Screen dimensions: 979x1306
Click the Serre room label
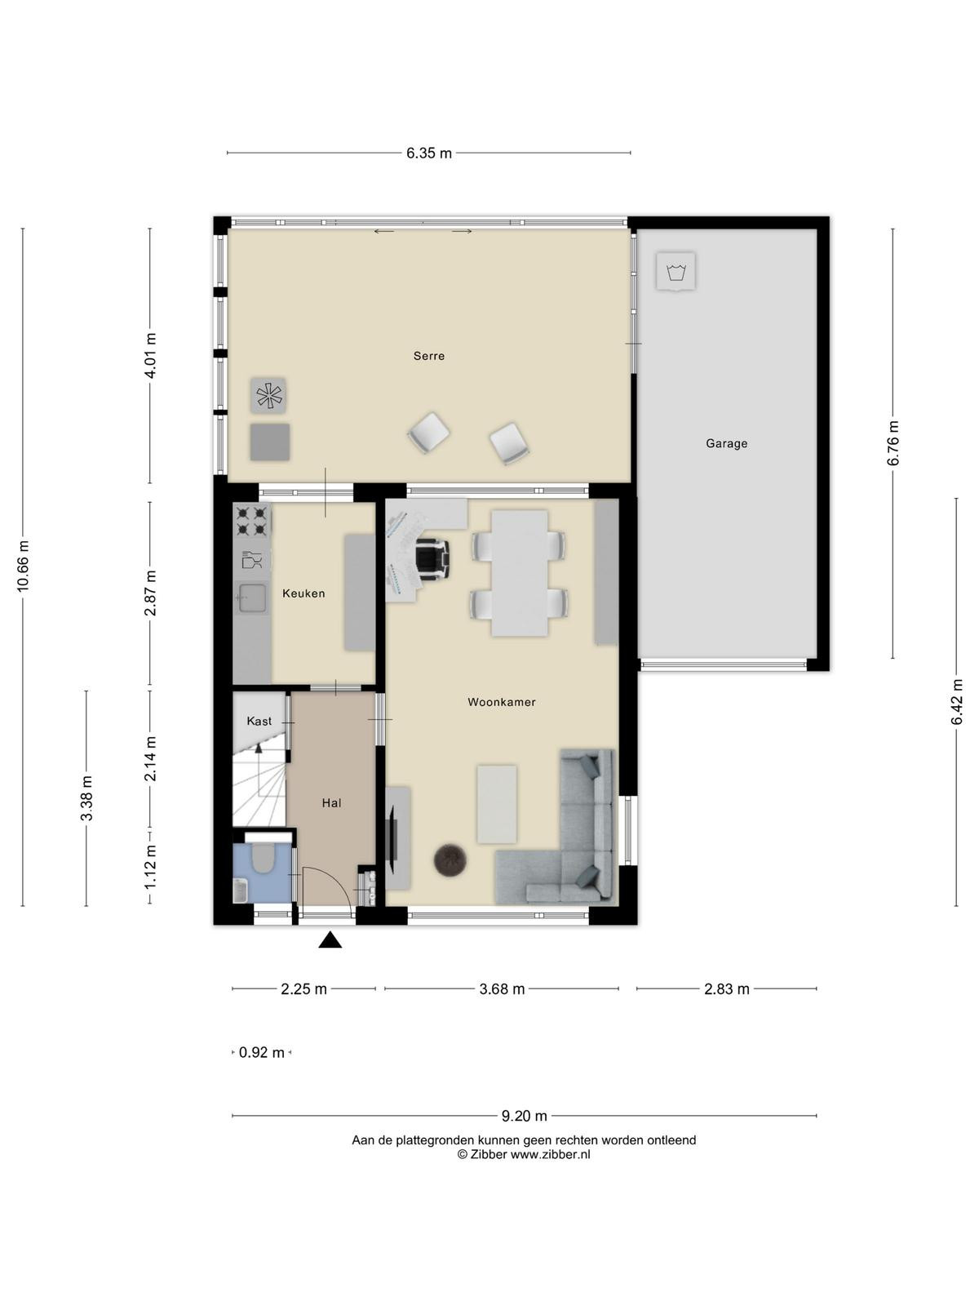pos(428,356)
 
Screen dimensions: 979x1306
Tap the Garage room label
pos(726,443)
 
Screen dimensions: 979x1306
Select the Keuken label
pos(303,593)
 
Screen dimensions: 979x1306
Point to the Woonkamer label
pos(502,702)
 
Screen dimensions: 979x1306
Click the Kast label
pos(259,721)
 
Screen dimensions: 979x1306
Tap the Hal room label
pos(332,803)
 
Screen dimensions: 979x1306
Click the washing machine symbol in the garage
pos(676,272)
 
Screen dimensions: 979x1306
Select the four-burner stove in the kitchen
pos(252,521)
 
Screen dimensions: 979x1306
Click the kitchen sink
pos(252,597)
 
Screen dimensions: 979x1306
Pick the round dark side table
pos(450,860)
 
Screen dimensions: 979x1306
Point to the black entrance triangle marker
pos(330,940)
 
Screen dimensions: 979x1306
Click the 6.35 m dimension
pos(429,153)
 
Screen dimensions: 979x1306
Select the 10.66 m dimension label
pos(23,566)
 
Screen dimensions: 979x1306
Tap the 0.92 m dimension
pos(262,1052)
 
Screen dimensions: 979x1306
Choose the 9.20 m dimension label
pos(525,1116)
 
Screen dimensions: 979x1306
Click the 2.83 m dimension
pos(726,988)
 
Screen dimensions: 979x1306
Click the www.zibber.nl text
pos(551,1154)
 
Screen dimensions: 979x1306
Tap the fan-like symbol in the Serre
pos(268,396)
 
